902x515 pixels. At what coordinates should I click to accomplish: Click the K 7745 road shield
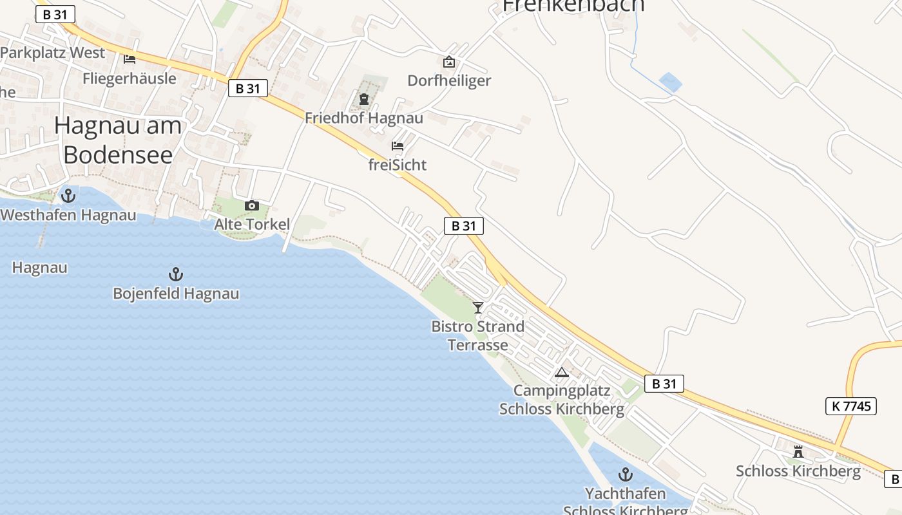coord(851,406)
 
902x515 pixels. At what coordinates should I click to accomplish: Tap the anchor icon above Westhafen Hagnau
coord(68,195)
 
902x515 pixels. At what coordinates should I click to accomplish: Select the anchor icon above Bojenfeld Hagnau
coord(176,274)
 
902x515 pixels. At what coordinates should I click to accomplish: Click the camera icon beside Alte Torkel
coord(252,205)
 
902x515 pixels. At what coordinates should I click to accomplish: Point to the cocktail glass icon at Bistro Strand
coord(478,307)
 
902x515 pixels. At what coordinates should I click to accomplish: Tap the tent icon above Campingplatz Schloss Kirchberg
coord(562,372)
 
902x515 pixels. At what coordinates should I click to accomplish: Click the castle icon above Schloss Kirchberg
coord(798,451)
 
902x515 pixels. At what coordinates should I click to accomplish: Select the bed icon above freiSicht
coord(398,146)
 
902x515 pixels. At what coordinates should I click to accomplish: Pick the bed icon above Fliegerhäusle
coord(130,59)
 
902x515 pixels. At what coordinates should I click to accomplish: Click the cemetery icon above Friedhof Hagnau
coord(364,99)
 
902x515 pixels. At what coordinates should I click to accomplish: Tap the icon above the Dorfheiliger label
coord(449,62)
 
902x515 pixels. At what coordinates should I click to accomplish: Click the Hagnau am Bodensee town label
coord(118,140)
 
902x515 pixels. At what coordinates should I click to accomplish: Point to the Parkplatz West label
coord(53,53)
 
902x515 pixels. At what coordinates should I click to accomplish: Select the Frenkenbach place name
coord(573,5)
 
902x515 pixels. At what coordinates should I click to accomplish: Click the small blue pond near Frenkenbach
coord(670,82)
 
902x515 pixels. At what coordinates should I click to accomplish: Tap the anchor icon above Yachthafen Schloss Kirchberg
coord(625,475)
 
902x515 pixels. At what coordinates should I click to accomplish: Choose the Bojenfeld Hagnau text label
coord(176,294)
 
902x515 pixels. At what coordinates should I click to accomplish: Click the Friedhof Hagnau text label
coord(364,118)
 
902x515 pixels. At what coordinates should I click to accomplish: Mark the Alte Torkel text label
coord(252,225)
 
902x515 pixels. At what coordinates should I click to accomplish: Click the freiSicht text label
coord(398,165)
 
